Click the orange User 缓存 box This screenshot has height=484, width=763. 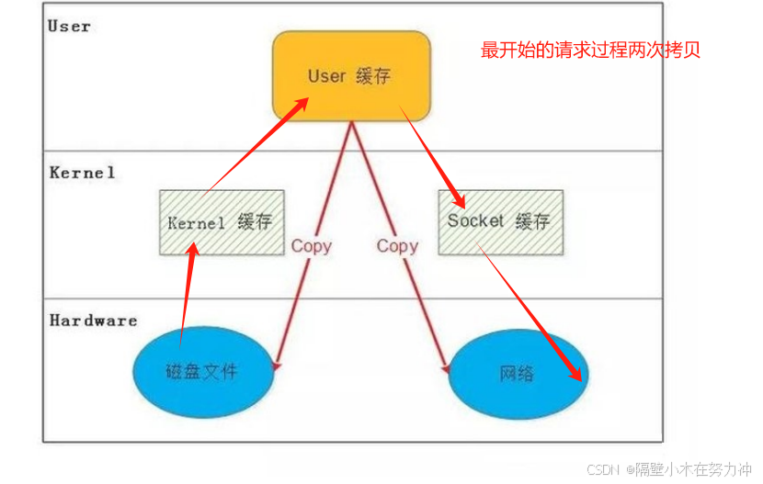click(x=350, y=75)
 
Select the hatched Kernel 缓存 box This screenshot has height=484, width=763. click(x=222, y=222)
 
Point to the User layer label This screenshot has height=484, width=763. click(x=69, y=26)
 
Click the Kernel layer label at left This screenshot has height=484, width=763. click(x=83, y=173)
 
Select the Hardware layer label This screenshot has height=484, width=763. click(x=93, y=321)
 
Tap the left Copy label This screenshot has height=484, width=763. click(x=311, y=246)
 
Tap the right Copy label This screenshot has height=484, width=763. click(x=397, y=246)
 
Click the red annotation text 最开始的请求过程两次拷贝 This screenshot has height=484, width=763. click(x=590, y=50)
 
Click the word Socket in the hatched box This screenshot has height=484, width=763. click(x=475, y=221)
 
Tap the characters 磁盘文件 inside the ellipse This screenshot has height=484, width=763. click(x=201, y=372)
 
